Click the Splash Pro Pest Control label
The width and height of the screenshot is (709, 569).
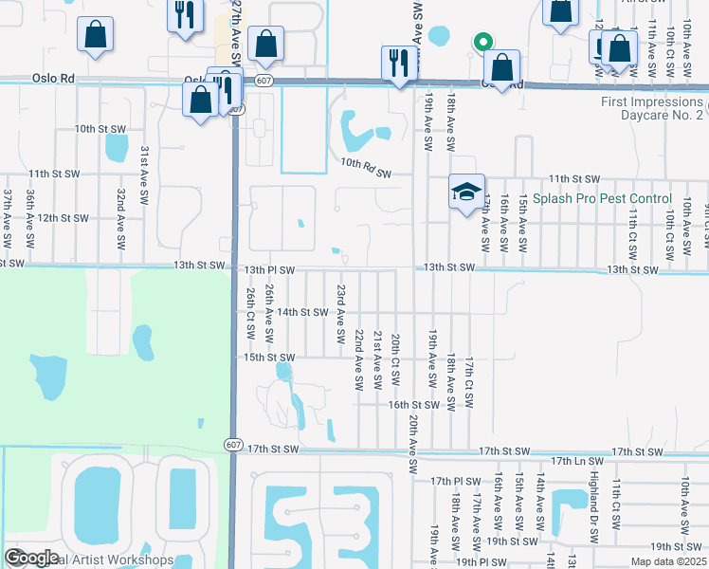[602, 199]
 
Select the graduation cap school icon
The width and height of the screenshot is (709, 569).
[466, 193]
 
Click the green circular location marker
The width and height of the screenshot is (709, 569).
[482, 42]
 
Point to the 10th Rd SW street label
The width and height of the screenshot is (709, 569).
[367, 168]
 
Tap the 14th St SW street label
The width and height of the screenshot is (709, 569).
[301, 312]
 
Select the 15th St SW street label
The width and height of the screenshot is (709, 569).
[270, 358]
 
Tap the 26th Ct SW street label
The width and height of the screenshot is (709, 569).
[251, 315]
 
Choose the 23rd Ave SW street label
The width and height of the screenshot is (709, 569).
[340, 314]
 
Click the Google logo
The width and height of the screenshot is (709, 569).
[30, 558]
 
